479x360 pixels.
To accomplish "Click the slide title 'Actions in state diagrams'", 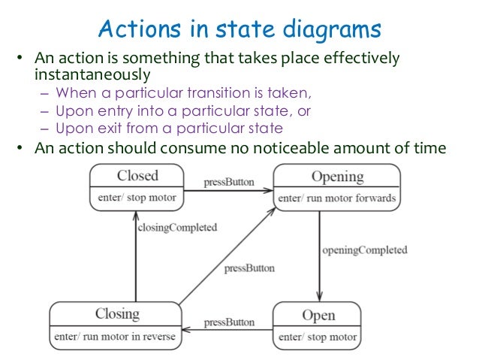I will coord(239,30).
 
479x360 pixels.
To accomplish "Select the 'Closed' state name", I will coord(137,176).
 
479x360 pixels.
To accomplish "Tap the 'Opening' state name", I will coord(337,177).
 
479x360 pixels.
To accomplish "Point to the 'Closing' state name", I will coord(117,313).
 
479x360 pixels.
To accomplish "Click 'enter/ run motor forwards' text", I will coord(337,198).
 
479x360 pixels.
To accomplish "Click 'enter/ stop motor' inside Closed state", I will coord(137,198).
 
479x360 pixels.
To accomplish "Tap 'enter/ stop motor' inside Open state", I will coord(318,336).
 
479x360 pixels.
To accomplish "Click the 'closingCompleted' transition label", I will coord(176,226).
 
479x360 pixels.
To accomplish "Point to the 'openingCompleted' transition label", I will coord(364,250).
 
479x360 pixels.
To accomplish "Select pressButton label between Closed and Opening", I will coord(229,182).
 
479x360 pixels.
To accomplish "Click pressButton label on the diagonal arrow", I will coord(249,268).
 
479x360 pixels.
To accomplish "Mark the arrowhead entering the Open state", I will coord(319,298).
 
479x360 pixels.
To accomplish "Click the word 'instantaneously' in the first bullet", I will coord(93,75).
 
